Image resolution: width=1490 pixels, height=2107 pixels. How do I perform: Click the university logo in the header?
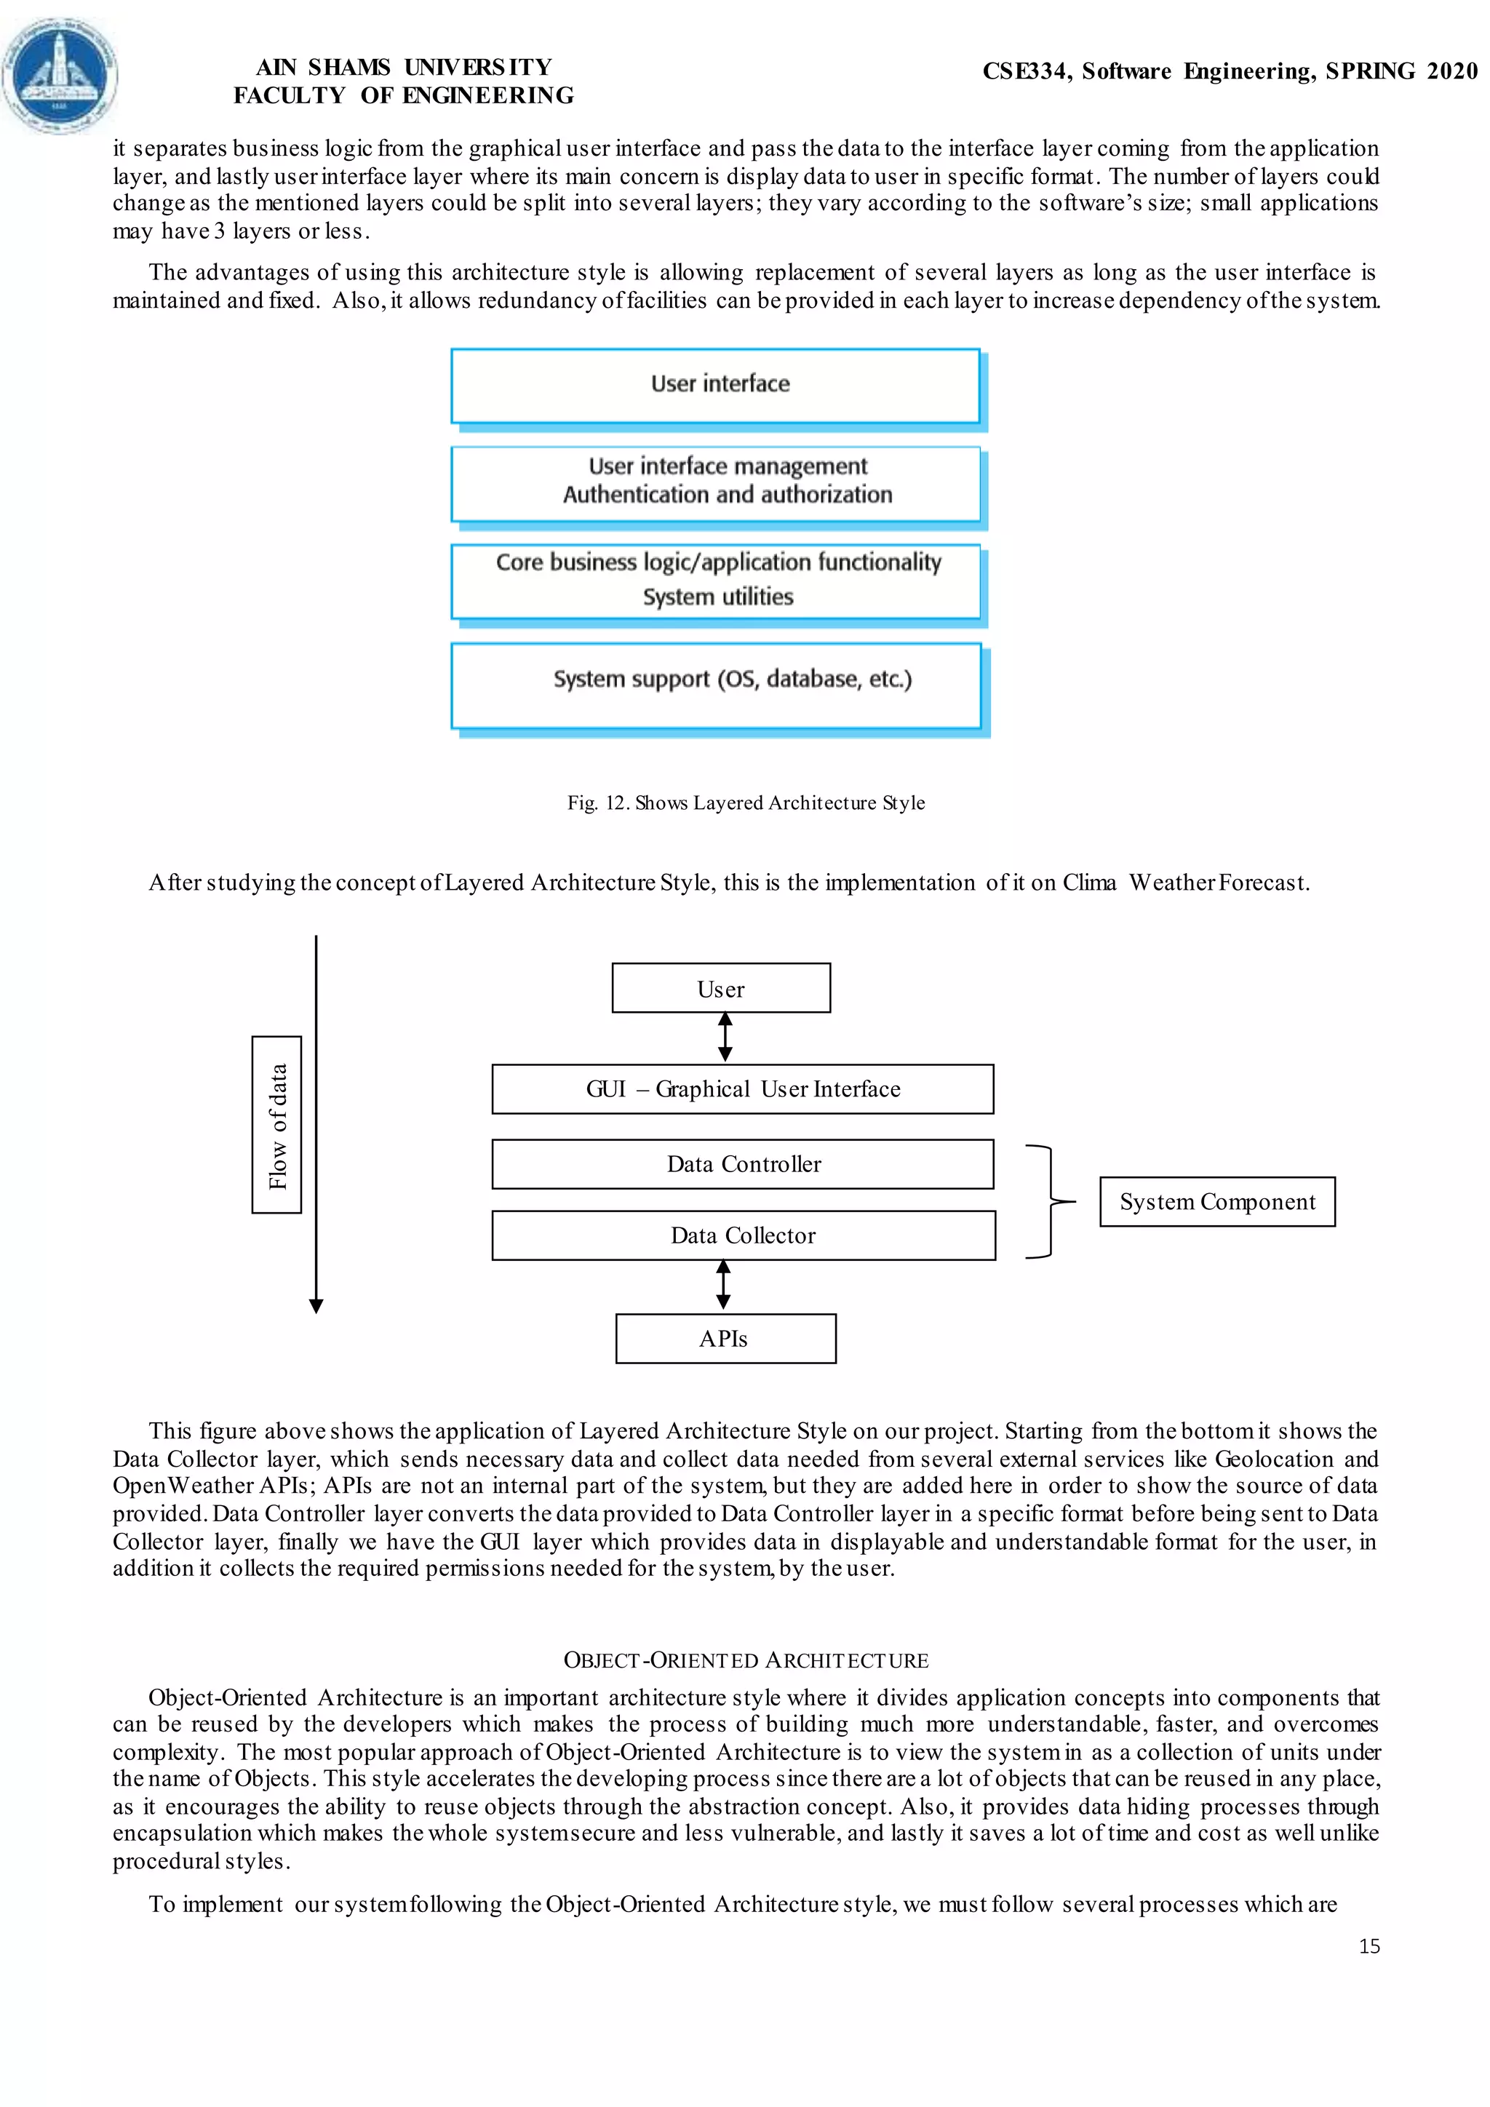60,75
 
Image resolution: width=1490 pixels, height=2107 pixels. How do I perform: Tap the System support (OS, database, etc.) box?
716,685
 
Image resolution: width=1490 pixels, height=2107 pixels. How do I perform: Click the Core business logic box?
716,581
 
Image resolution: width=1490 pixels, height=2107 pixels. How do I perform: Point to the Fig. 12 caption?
745,803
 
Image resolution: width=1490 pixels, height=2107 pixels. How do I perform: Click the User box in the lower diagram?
721,988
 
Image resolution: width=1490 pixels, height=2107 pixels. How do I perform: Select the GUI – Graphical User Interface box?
742,1089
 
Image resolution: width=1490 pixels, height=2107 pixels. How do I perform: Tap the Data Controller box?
742,1163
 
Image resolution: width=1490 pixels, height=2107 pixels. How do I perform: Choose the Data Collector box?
742,1235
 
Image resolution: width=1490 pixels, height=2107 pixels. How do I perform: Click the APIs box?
725,1338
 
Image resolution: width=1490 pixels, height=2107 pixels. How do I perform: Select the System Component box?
1216,1201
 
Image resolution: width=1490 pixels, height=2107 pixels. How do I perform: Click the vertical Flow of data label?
277,1125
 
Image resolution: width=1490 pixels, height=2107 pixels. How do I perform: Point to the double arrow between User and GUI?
725,1037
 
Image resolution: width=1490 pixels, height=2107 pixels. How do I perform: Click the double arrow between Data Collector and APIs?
723,1284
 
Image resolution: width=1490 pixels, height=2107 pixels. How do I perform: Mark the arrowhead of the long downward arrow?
316,1306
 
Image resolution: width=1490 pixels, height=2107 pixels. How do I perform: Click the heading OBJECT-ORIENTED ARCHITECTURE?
745,1660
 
